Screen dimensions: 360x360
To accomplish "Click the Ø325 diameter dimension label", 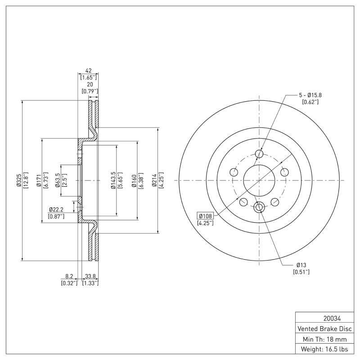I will pyautogui.click(x=18, y=180).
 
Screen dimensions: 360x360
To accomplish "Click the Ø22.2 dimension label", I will pyautogui.click(x=56, y=210).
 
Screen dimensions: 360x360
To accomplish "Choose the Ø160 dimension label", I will pyautogui.click(x=134, y=180).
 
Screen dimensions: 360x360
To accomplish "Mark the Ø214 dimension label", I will pyautogui.click(x=154, y=180).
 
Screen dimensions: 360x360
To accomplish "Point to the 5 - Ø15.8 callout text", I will pyautogui.click(x=310, y=95).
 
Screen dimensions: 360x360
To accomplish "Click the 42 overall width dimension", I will pyautogui.click(x=89, y=71).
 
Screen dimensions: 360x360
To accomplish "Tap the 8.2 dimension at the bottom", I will pyautogui.click(x=69, y=277).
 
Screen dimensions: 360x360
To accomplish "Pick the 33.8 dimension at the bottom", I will pyautogui.click(x=90, y=277).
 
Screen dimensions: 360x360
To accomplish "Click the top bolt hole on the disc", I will pyautogui.click(x=259, y=154).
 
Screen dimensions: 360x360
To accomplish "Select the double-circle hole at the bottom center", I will pyautogui.click(x=259, y=207).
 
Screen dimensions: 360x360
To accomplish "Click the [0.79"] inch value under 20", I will pyautogui.click(x=90, y=91).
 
